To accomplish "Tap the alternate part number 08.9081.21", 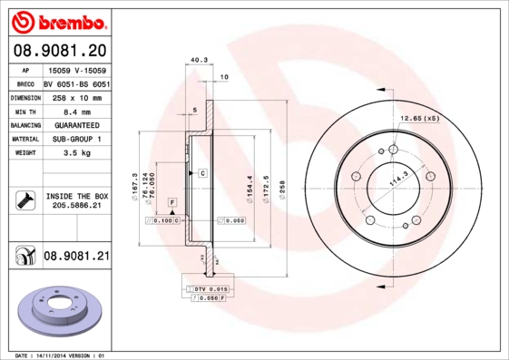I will pyautogui.click(x=76, y=257).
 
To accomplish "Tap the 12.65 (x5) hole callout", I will pyautogui.click(x=420, y=118).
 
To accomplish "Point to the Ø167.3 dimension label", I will pyautogui.click(x=135, y=186).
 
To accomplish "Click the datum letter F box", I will pyautogui.click(x=171, y=200).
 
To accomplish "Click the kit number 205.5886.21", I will pyautogui.click(x=76, y=207).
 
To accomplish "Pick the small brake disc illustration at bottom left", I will pyautogui.click(x=57, y=310).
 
